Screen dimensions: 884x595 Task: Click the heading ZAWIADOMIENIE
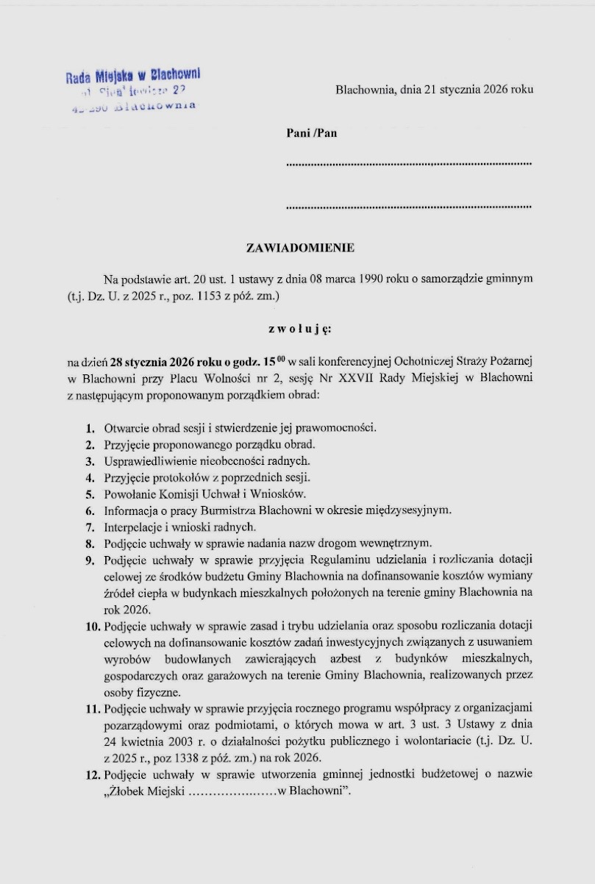300,248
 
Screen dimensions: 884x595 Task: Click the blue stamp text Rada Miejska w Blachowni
133,75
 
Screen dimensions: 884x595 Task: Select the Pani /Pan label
312,133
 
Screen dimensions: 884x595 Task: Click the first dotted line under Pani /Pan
408,163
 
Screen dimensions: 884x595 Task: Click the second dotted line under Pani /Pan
408,207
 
